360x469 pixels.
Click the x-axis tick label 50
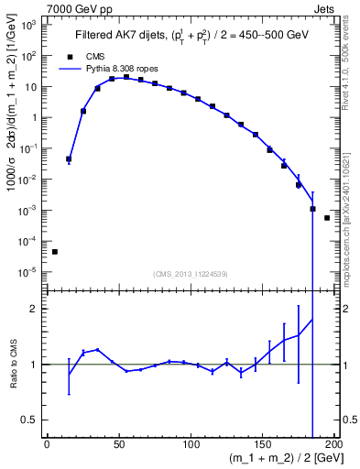[119, 444]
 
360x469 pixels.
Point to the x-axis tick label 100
[191, 444]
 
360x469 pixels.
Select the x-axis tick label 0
[47, 444]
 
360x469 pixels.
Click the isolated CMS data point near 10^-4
[54, 251]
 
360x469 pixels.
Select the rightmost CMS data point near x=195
[327, 218]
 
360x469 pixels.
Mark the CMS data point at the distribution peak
[126, 77]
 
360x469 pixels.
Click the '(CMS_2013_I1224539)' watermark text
[191, 273]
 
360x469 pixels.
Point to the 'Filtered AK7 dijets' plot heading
[120, 36]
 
